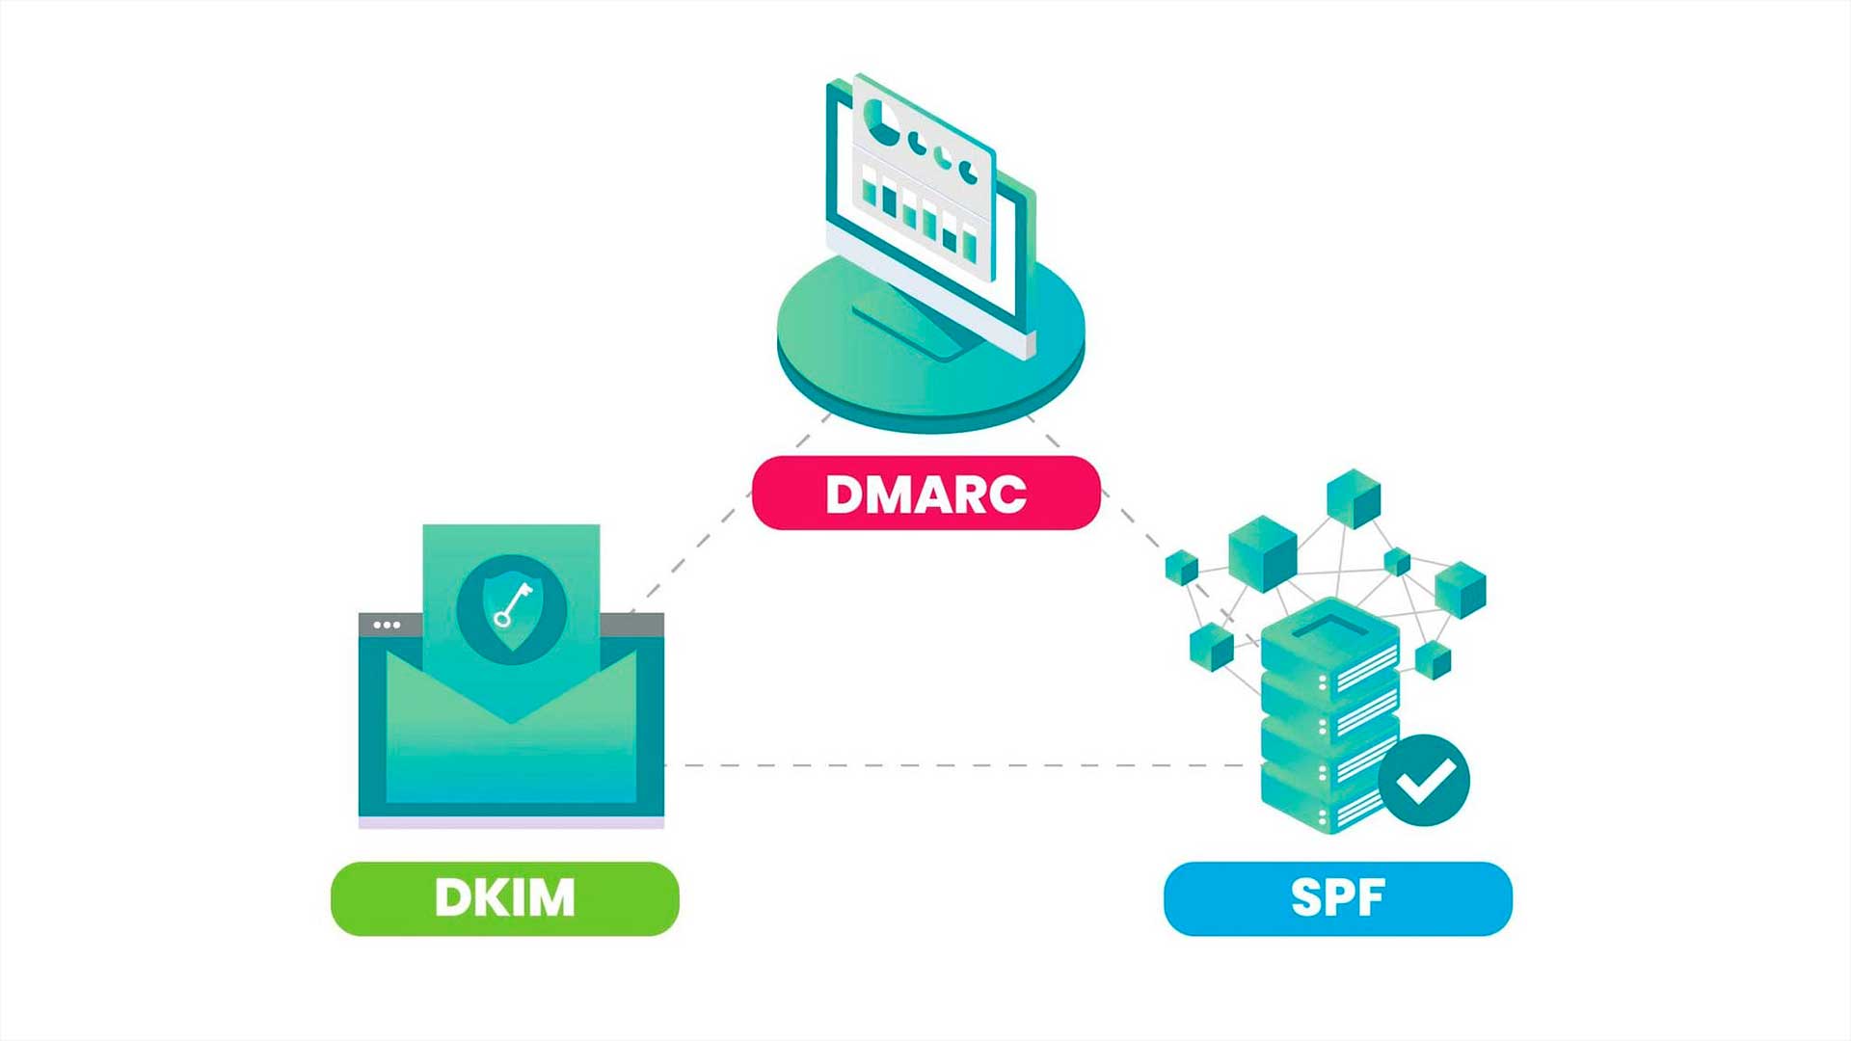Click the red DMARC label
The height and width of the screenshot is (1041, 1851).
[925, 494]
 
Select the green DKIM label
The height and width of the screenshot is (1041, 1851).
[504, 898]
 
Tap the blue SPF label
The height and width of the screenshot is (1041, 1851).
[1337, 898]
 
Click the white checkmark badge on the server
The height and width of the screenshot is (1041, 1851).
[1424, 781]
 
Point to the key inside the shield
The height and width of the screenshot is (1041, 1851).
[512, 605]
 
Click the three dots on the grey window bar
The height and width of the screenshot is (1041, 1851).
[387, 625]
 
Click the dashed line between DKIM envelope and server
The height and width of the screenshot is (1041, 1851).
[964, 765]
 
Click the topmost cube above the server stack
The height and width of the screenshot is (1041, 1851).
[1354, 497]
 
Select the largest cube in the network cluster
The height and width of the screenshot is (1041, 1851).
[1262, 552]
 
